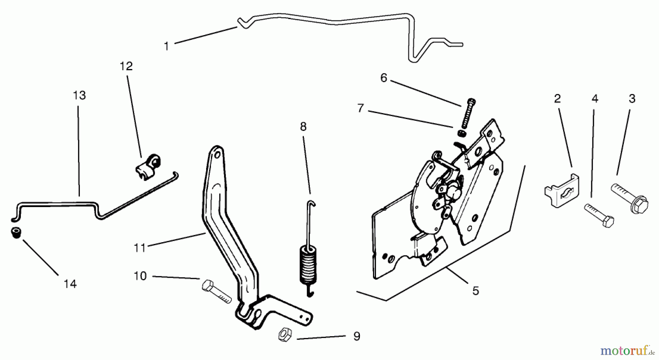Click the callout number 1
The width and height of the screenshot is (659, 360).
pos(166,46)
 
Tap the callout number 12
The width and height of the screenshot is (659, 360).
pos(126,66)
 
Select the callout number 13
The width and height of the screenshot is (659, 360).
pos(79,95)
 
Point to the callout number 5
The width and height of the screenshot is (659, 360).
pos(475,291)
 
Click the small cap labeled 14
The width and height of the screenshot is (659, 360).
pos(15,233)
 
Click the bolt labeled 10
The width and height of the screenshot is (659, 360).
pos(216,291)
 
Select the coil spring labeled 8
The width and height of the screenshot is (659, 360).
pos(308,263)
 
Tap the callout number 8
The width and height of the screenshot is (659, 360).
pos(303,127)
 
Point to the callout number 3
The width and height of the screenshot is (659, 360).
pos(632,99)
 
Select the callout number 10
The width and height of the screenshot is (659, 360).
pos(140,276)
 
